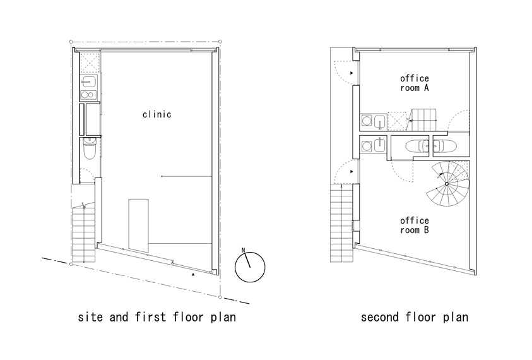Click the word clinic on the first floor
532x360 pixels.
pos(157,114)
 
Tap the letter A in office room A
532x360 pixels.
pos(426,88)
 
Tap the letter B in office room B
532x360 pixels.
pos(426,230)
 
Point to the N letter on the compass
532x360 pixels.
pos(243,250)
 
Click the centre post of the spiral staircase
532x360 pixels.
pos(447,184)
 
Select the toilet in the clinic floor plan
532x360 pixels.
pos(90,149)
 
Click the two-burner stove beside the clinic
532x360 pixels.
pos(88,95)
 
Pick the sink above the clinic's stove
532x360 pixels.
pos(88,82)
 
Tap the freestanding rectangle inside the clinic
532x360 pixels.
pos(138,225)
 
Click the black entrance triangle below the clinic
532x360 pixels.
pos(193,274)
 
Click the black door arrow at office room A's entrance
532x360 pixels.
pos(352,73)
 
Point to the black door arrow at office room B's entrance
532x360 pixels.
pos(352,172)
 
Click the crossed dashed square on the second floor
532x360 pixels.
pos(396,121)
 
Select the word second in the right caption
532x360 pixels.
pos(380,317)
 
